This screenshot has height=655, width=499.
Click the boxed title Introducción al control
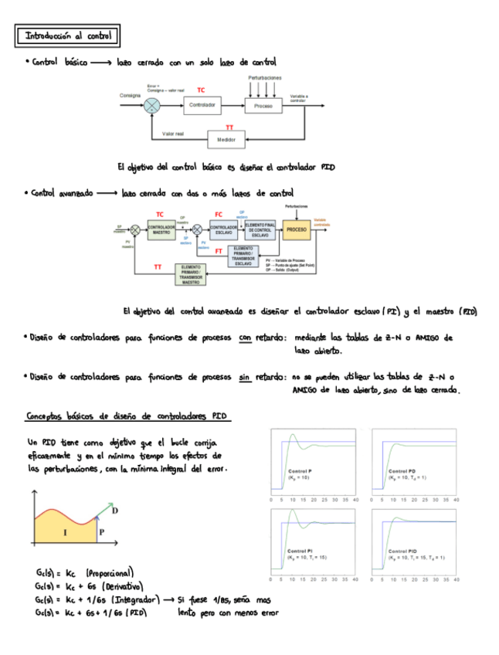pyautogui.click(x=68, y=36)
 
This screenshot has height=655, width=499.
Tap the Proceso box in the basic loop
pyautogui.click(x=263, y=105)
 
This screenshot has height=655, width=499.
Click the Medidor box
pyautogui.click(x=226, y=140)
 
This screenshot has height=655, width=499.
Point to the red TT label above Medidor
pyautogui.click(x=229, y=127)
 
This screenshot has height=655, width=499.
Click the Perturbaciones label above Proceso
pyautogui.click(x=264, y=78)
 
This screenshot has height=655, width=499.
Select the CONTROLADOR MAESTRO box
pyautogui.click(x=161, y=229)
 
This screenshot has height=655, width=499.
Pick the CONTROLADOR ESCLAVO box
pyautogui.click(x=224, y=229)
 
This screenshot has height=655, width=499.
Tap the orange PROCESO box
pyautogui.click(x=296, y=229)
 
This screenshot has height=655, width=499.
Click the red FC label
pyautogui.click(x=219, y=214)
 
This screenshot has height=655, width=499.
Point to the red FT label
pyautogui.click(x=219, y=252)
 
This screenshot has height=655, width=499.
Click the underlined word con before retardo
pyautogui.click(x=245, y=338)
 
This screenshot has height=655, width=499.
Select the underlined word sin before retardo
pyautogui.click(x=245, y=378)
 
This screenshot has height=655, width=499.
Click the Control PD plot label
pyautogui.click(x=402, y=471)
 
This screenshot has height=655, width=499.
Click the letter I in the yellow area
pyautogui.click(x=64, y=532)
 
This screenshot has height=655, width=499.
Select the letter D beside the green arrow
pyautogui.click(x=115, y=511)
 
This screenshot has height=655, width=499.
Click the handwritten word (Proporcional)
pyautogui.click(x=110, y=572)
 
